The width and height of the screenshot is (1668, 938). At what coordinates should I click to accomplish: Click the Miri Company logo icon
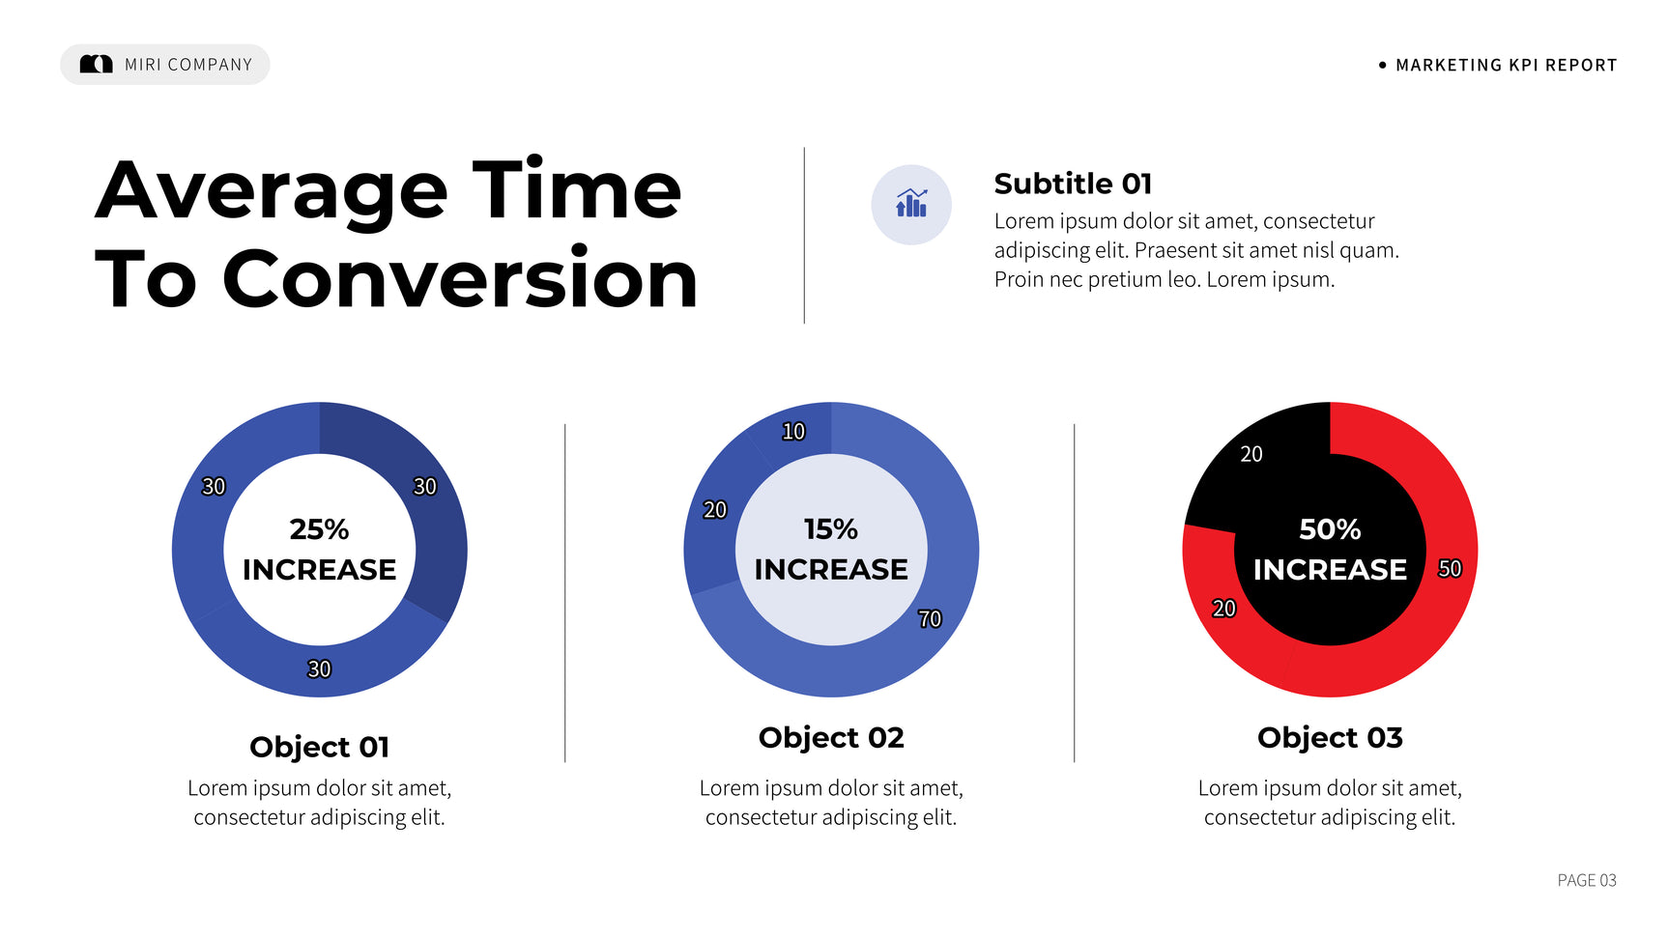point(96,64)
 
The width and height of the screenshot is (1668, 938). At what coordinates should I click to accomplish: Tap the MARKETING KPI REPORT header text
point(1506,65)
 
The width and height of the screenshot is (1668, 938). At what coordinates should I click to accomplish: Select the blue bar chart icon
point(911,203)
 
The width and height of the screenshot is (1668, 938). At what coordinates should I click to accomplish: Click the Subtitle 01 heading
point(1073,183)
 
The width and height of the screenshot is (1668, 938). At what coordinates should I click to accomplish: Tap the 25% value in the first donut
point(319,529)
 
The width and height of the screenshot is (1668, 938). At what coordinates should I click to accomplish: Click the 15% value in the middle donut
point(831,529)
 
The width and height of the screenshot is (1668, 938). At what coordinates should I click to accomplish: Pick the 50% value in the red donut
point(1330,529)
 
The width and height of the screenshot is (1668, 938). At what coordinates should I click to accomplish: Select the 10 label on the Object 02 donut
point(793,432)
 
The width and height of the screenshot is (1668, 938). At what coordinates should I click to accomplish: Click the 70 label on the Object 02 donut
point(930,618)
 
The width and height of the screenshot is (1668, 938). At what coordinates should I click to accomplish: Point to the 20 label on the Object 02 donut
point(715,510)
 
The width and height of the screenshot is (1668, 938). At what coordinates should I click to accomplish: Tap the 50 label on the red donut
point(1450,568)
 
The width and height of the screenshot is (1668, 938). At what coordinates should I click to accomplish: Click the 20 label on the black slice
point(1251,454)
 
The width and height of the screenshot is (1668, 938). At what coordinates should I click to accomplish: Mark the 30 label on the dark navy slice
point(425,486)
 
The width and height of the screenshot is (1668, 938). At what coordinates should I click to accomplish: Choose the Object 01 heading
point(319,748)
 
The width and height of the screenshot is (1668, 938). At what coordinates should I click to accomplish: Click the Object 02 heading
point(831,738)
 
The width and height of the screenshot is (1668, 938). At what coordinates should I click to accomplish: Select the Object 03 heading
point(1330,738)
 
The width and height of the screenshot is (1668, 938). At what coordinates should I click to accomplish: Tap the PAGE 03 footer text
point(1587,880)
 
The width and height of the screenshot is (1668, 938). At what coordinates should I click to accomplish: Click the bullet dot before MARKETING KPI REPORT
point(1382,65)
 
